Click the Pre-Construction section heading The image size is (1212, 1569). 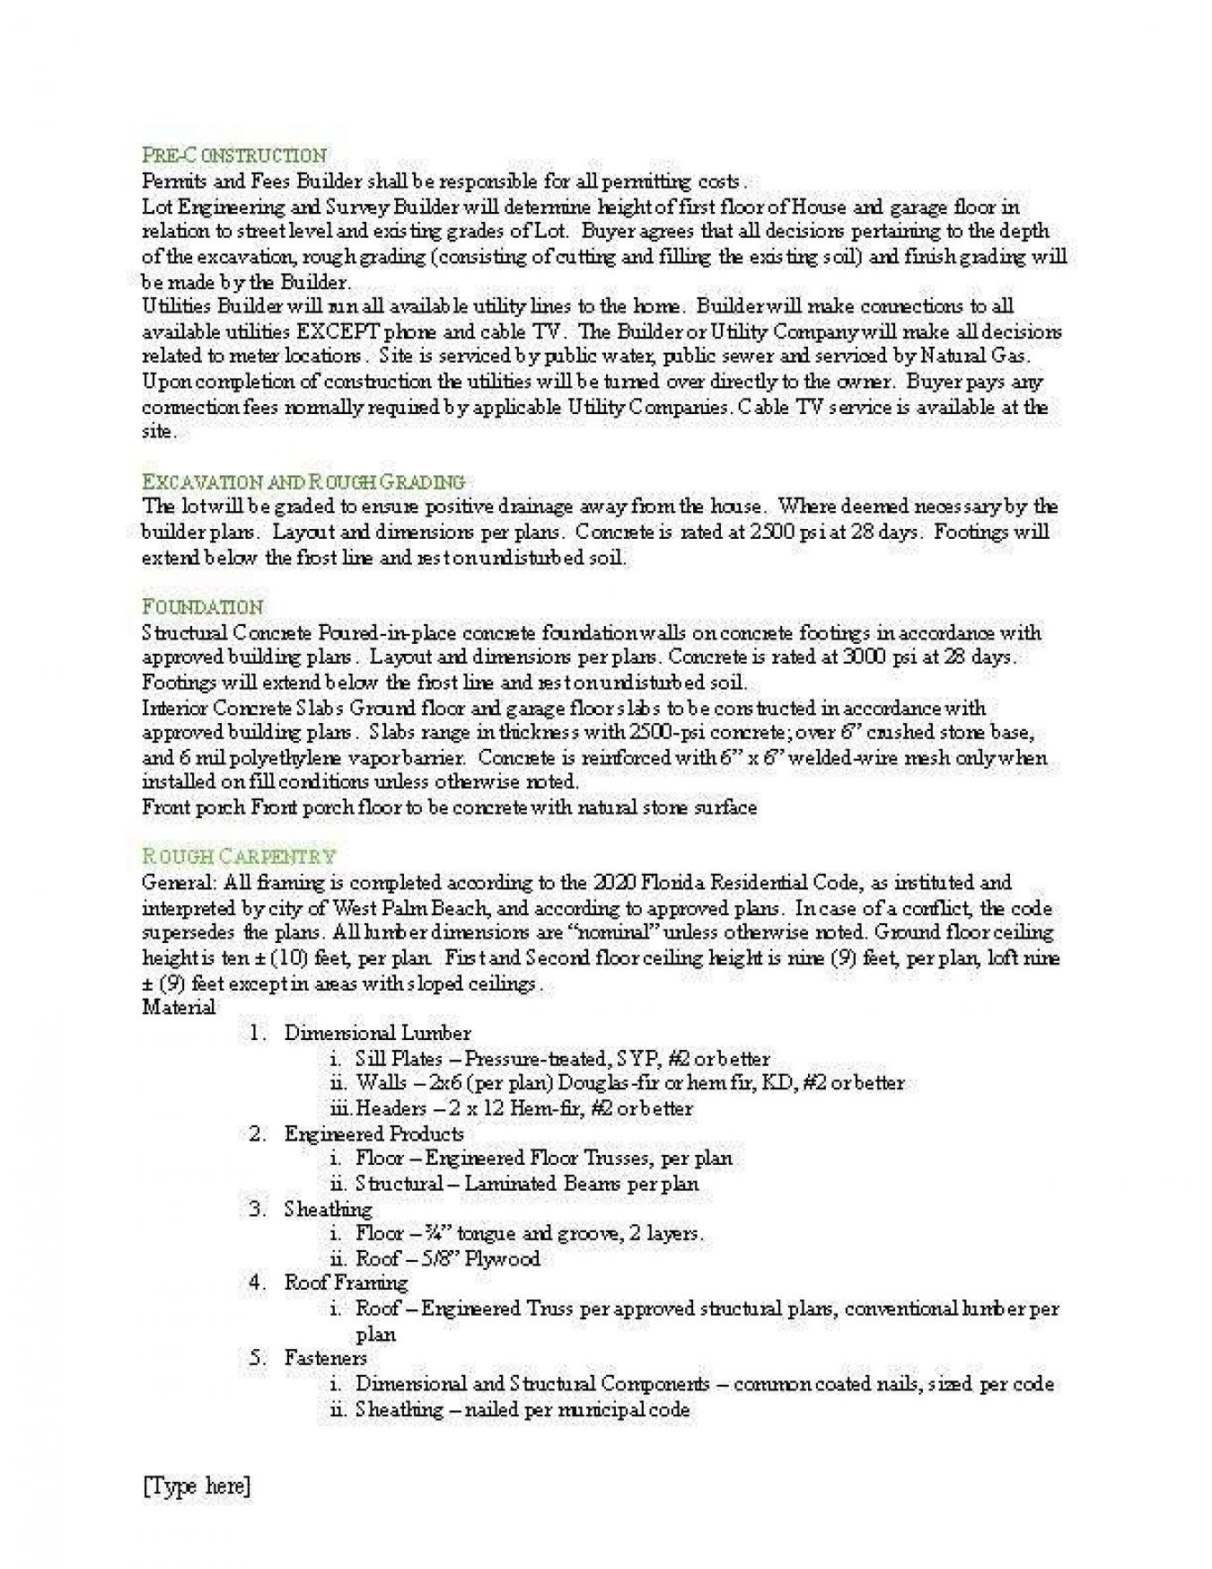pyautogui.click(x=234, y=155)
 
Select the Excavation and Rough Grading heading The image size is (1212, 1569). pyautogui.click(x=303, y=480)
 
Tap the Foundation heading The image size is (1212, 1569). pyautogui.click(x=202, y=606)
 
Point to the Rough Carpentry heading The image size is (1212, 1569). pyautogui.click(x=239, y=856)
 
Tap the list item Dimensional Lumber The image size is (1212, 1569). pyautogui.click(x=377, y=1033)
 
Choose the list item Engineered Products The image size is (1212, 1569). pyautogui.click(x=373, y=1133)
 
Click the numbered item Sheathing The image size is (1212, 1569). pyautogui.click(x=328, y=1209)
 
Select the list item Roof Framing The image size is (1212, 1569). pyautogui.click(x=346, y=1283)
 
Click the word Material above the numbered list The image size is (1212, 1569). pyautogui.click(x=179, y=1007)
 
